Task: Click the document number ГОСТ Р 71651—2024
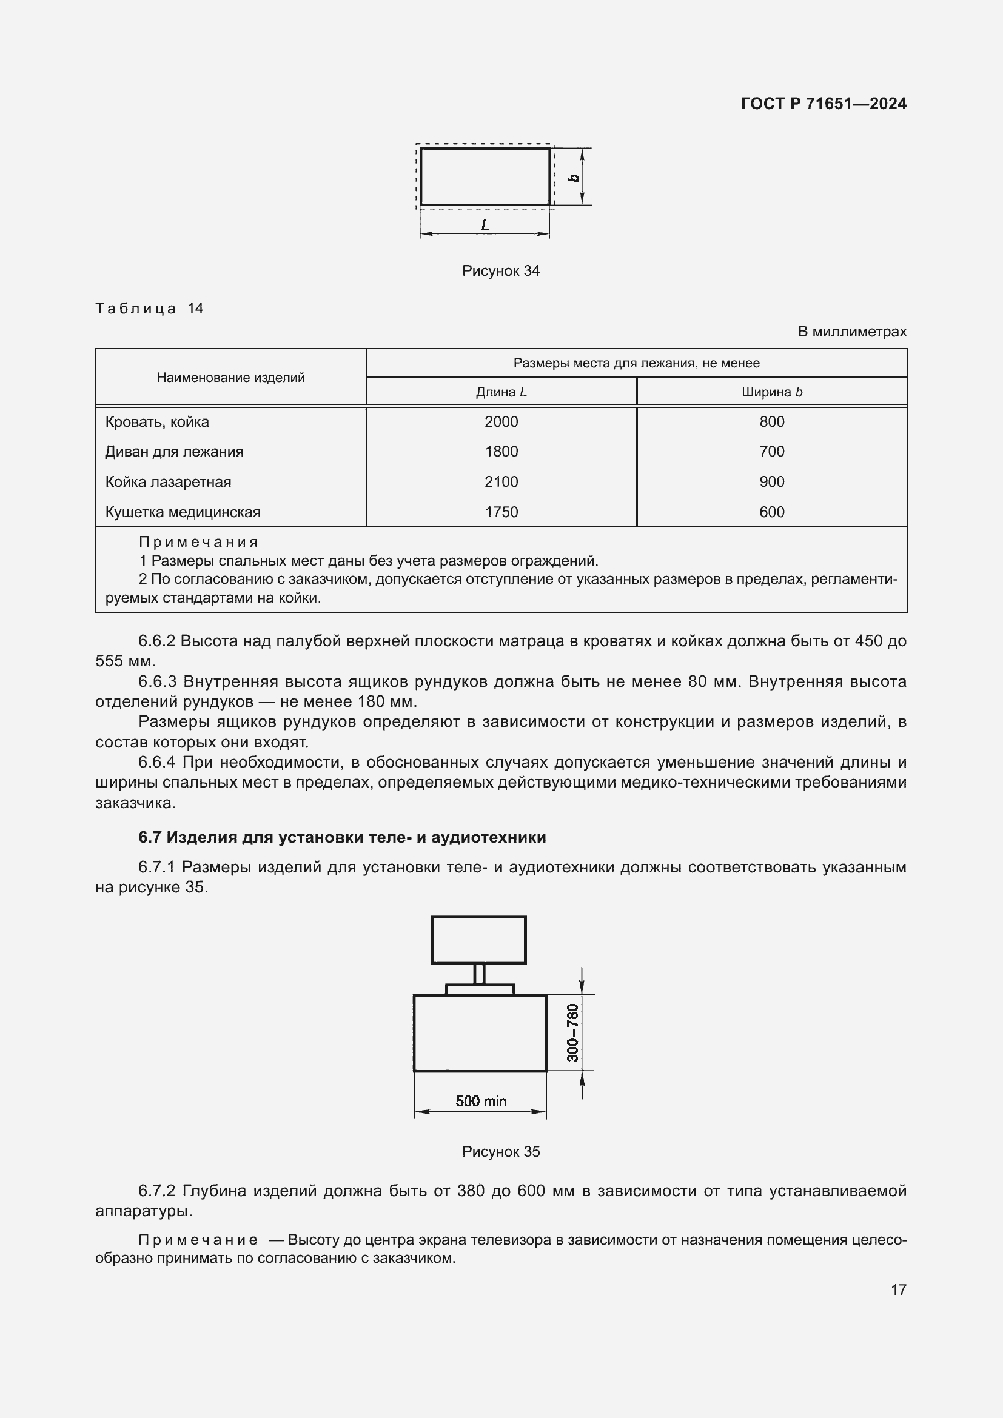tap(824, 104)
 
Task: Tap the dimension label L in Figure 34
tap(486, 226)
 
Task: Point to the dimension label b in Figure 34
tap(574, 178)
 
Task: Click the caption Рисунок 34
tap(500, 270)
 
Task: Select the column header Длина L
tap(501, 392)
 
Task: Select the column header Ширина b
tap(771, 392)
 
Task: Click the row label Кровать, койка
tap(157, 422)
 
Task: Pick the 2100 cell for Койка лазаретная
tap(501, 482)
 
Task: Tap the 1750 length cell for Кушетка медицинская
tap(501, 512)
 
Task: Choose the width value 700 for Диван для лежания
tap(771, 452)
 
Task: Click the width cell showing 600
tap(771, 512)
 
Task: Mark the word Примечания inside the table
tap(198, 541)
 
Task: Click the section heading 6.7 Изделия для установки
tap(342, 837)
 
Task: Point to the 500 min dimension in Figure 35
tap(480, 1100)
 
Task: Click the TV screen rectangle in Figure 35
tap(478, 940)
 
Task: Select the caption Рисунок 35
tap(500, 1151)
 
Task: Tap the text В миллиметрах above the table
tap(851, 332)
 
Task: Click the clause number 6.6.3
tap(158, 682)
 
